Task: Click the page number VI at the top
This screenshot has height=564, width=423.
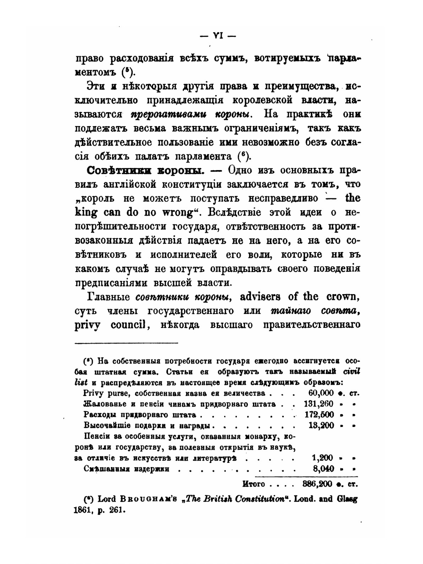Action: point(218,36)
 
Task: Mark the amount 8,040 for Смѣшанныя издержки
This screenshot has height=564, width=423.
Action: point(323,468)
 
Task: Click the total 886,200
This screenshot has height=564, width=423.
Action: point(318,483)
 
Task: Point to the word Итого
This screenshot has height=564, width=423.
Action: point(254,483)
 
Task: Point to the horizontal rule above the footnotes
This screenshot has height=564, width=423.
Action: point(126,343)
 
